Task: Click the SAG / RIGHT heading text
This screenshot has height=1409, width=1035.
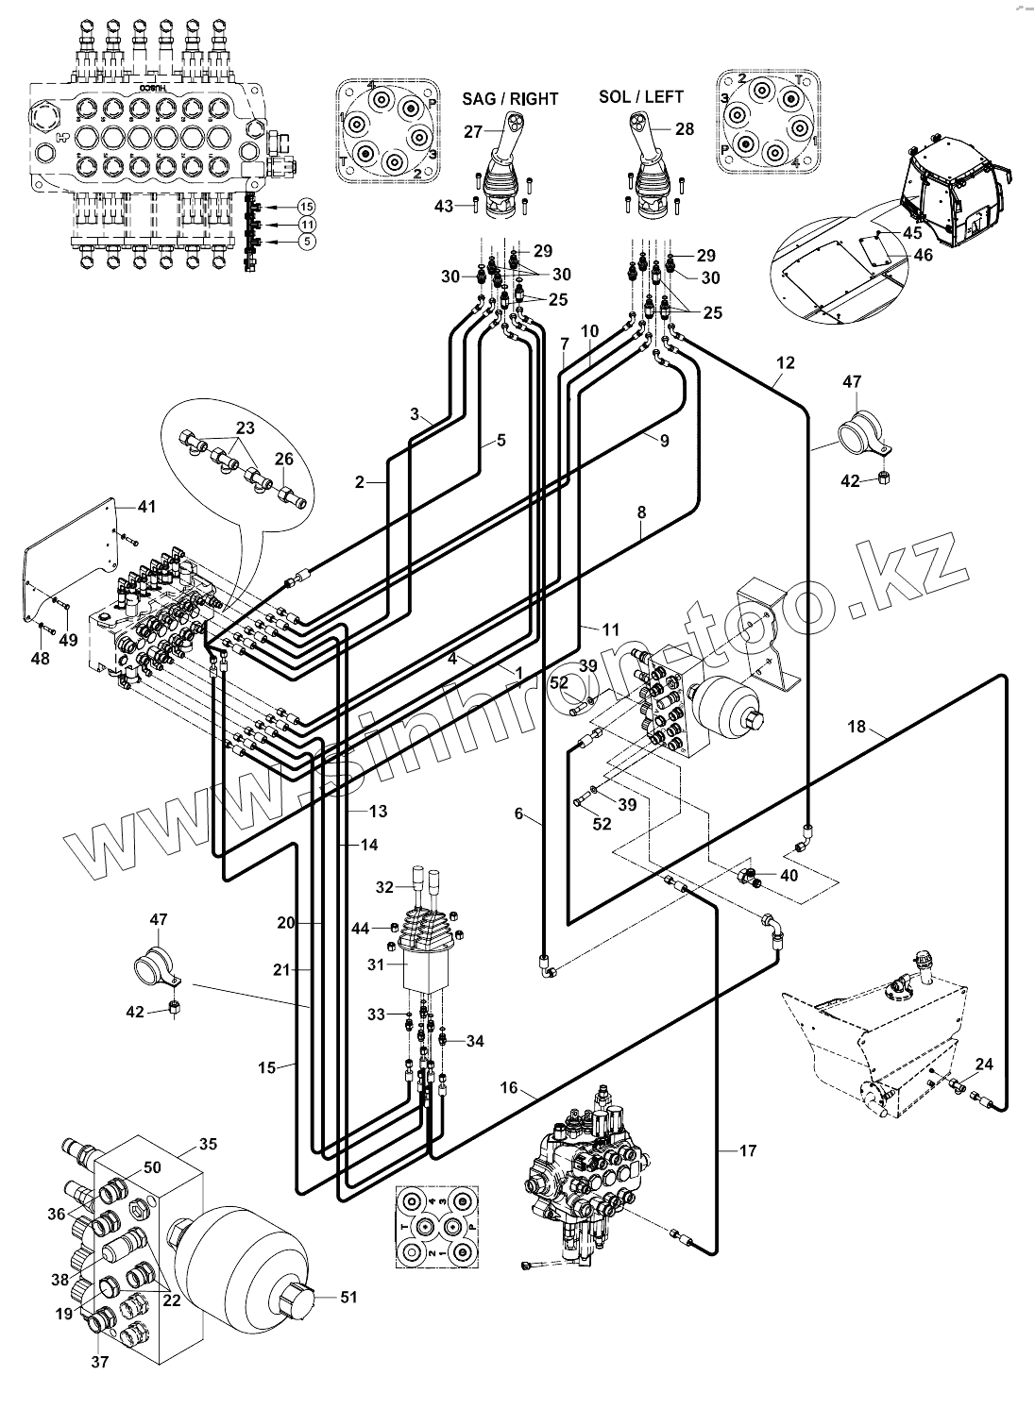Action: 510,98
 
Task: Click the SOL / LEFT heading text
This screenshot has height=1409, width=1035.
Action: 640,96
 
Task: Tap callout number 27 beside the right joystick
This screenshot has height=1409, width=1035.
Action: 473,132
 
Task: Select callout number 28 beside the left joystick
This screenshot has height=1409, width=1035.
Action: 685,129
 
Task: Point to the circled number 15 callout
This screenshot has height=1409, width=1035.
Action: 306,207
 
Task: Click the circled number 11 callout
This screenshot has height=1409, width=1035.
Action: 306,224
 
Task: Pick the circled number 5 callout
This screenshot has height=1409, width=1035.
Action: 306,242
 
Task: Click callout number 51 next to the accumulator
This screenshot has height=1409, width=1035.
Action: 348,1297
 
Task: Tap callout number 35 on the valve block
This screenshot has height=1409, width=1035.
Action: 209,1145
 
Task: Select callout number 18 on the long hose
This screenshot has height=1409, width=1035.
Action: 857,727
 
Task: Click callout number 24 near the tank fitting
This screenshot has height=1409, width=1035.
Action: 984,1065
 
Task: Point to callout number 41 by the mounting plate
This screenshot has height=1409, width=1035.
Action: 146,507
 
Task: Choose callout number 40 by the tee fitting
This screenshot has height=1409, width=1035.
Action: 789,875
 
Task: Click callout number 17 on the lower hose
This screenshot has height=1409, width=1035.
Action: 749,1150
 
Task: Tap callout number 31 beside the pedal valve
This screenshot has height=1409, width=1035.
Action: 377,964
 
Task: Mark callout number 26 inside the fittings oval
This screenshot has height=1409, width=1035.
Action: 284,459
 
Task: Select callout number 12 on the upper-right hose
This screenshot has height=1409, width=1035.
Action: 786,362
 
